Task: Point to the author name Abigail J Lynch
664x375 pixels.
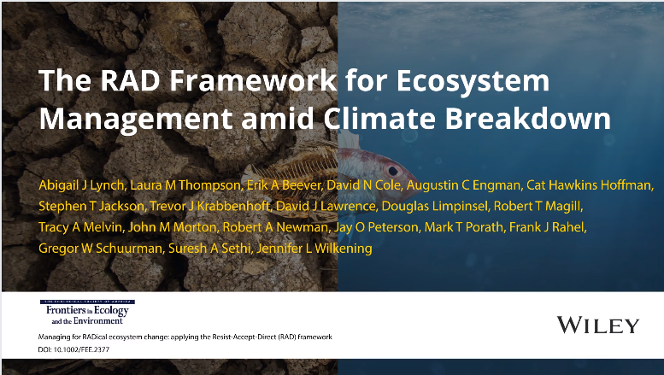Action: pos(78,185)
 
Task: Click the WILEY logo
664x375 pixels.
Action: pos(597,325)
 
